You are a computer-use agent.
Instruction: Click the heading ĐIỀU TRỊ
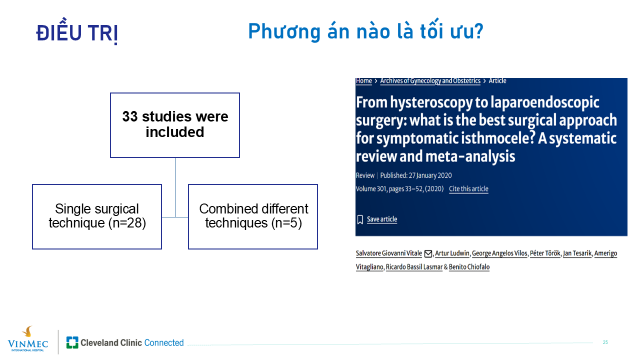[x=77, y=31]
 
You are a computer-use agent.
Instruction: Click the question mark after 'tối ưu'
[x=477, y=31]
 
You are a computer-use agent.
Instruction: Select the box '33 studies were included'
[x=175, y=125]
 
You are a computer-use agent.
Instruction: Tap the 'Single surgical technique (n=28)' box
[x=97, y=216]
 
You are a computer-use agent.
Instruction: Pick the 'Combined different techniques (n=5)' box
[x=253, y=216]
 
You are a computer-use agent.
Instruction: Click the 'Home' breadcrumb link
[x=363, y=81]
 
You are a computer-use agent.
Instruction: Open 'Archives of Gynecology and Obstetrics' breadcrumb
[x=430, y=81]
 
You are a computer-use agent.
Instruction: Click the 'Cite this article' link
[x=468, y=189]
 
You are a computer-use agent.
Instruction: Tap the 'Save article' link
[x=382, y=219]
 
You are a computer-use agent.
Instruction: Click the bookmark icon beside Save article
[x=360, y=219]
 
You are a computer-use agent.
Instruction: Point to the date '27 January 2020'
[x=430, y=175]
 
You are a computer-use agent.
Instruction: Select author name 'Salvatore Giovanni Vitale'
[x=389, y=253]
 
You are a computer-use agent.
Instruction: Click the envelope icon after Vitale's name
[x=428, y=253]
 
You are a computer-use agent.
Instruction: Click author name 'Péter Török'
[x=545, y=253]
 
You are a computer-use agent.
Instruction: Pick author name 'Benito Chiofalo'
[x=469, y=267]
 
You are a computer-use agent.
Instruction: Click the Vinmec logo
[x=27, y=339]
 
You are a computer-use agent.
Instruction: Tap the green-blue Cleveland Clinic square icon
[x=72, y=342]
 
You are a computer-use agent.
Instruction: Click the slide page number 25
[x=605, y=342]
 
